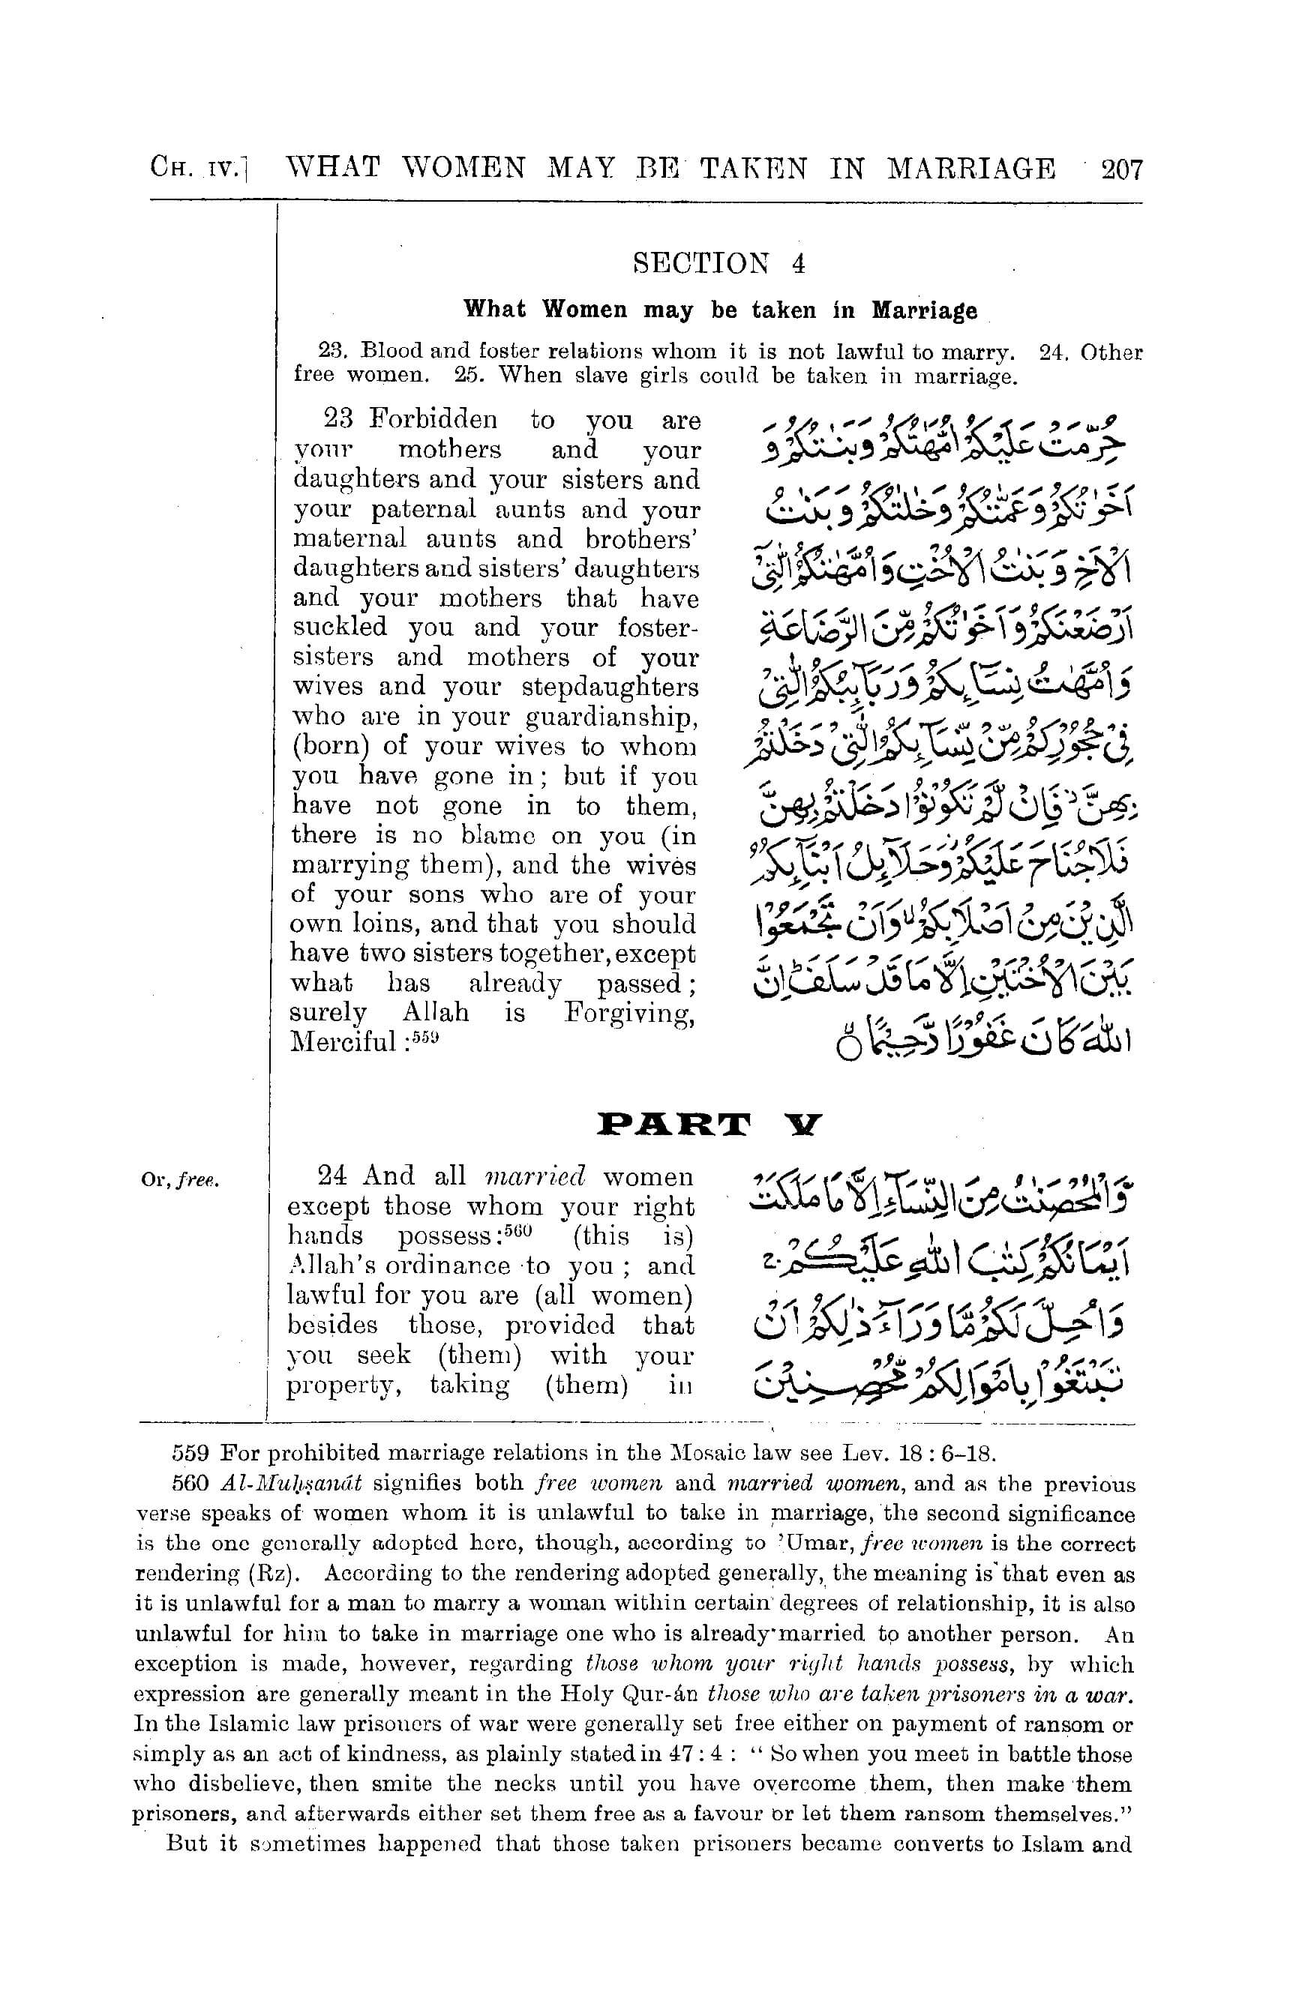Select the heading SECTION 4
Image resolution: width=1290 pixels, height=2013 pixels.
(x=719, y=264)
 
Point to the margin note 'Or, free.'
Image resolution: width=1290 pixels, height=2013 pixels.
(x=180, y=1181)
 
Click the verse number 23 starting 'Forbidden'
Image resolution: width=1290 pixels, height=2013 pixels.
(x=339, y=418)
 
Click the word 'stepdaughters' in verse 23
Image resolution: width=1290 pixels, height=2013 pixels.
(x=610, y=687)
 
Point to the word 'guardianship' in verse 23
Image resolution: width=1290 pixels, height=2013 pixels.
(x=610, y=717)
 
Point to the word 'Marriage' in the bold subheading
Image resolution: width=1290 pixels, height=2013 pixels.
(x=924, y=310)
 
